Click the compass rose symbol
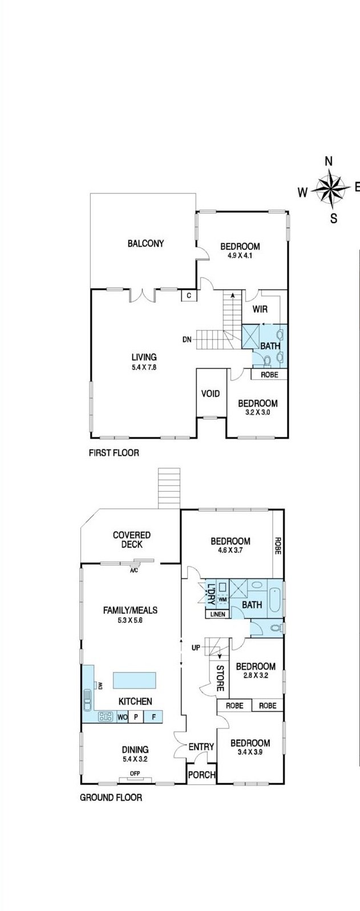click(x=333, y=188)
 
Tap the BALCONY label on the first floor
click(x=145, y=243)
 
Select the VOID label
click(x=211, y=393)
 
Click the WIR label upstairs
click(x=260, y=309)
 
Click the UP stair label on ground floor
click(x=196, y=647)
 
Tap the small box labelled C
click(x=189, y=295)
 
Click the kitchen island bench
click(x=134, y=681)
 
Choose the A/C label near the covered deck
click(x=134, y=570)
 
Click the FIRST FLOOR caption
click(x=114, y=453)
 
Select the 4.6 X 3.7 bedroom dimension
click(x=230, y=550)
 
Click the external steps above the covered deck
click(x=169, y=488)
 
